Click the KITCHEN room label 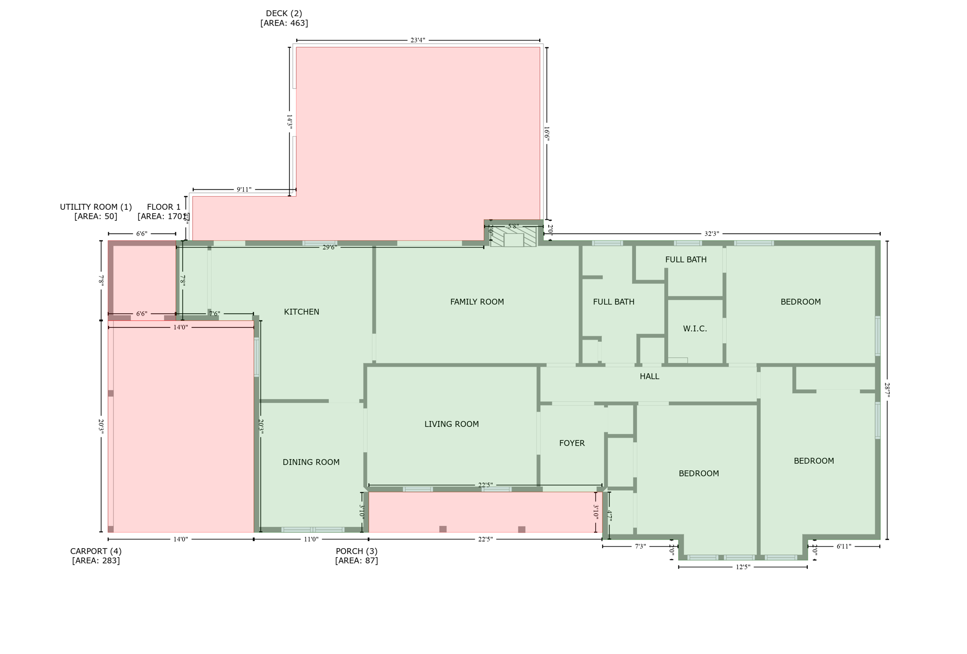[301, 312]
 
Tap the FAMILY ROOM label [477, 302]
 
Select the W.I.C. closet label [695, 329]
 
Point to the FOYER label [572, 443]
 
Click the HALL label [649, 377]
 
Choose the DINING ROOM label [311, 462]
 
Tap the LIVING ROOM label [451, 424]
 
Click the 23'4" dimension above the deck [417, 41]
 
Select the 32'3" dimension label [712, 234]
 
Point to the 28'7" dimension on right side [887, 390]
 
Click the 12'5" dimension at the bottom [743, 567]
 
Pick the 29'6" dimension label [330, 248]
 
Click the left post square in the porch [443, 529]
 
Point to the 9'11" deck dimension [244, 190]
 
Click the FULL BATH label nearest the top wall [686, 260]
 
